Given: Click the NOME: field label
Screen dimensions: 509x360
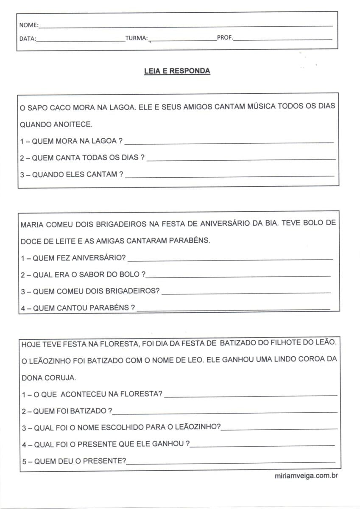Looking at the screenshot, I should point(28,25).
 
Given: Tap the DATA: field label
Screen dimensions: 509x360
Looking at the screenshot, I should point(28,39).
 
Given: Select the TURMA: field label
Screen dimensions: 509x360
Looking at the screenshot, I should point(137,39).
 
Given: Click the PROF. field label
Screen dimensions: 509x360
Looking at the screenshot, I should point(225,38).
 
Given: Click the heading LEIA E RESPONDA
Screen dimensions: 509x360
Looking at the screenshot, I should point(177,71).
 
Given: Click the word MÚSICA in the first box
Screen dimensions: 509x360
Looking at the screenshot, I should point(260,106).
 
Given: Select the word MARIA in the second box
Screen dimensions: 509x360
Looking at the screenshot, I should point(32,224).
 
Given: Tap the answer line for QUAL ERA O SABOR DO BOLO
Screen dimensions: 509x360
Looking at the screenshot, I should point(237,276).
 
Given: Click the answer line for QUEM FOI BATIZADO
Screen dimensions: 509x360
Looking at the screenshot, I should point(225,412).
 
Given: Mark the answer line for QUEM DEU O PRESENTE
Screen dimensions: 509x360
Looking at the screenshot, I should point(231,462).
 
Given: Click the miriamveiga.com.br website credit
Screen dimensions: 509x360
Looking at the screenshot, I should point(306,476).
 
